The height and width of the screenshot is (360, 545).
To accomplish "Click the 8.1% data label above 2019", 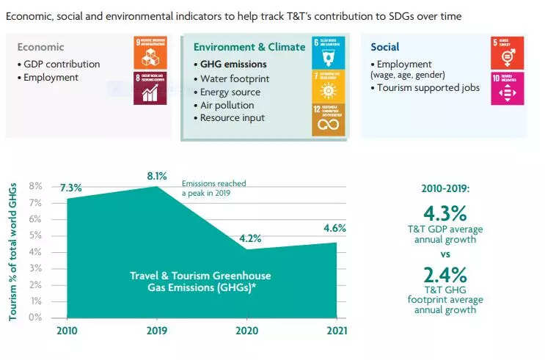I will (157, 176).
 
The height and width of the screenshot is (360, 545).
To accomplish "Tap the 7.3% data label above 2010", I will (71, 188).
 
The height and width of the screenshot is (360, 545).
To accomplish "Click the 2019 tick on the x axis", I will (157, 330).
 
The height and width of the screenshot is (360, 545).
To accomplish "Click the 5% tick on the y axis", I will (35, 235).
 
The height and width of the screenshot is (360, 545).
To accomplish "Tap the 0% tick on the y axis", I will (35, 318).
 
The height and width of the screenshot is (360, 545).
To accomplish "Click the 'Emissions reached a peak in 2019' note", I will (214, 188).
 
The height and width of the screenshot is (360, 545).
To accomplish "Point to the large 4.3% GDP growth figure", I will (445, 213).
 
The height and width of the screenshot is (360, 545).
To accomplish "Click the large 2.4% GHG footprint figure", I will (445, 275).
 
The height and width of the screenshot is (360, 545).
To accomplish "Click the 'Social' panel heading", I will (385, 47).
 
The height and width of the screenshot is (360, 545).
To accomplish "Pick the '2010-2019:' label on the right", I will (445, 188).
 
